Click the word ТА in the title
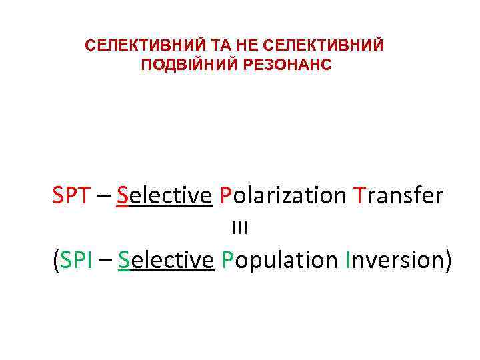(201, 46)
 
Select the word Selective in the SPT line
(164, 195)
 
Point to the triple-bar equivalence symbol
(239, 228)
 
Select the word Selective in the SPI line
(165, 260)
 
